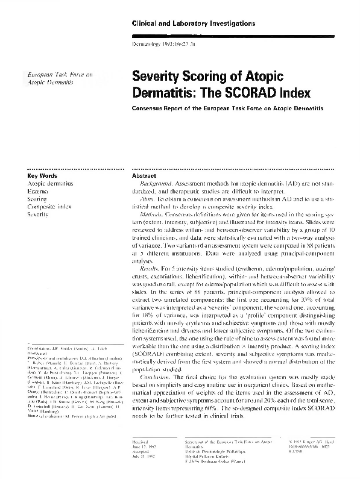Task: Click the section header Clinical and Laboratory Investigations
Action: (x=189, y=23)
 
